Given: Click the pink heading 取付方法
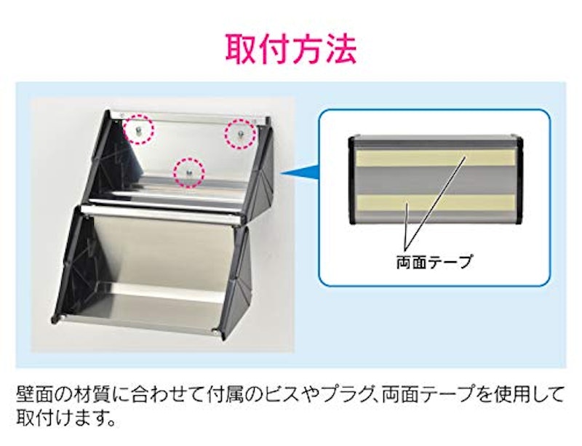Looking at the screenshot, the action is (290, 49).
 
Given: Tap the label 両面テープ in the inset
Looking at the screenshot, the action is (434, 262).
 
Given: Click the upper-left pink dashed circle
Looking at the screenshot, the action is (137, 129).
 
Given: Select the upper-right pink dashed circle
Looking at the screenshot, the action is (240, 133).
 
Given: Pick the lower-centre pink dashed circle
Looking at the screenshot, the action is (189, 172).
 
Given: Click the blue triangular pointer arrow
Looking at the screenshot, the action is (300, 173).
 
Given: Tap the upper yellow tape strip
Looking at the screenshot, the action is (436, 158).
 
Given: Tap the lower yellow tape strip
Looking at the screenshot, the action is (436, 202).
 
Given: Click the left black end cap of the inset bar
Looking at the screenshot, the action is (352, 180).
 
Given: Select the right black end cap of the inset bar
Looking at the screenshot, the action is (519, 180).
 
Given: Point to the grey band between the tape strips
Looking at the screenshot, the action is (436, 180).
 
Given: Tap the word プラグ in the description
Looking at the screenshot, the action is (345, 394).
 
